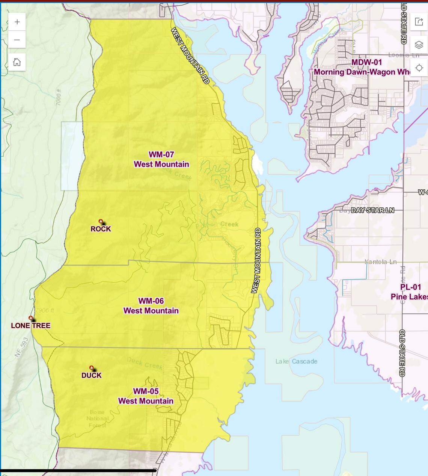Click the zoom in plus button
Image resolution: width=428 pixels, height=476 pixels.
tap(17, 22)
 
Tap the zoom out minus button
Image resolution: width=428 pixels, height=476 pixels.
tap(17, 40)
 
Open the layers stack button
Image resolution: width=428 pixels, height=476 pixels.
tap(419, 45)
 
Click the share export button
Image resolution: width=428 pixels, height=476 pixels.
tap(419, 21)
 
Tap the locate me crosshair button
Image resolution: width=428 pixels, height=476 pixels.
tap(419, 68)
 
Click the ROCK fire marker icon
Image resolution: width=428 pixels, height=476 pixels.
tap(101, 222)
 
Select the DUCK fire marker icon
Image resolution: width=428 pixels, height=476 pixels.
tap(91, 368)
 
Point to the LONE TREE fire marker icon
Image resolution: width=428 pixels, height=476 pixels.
tap(31, 318)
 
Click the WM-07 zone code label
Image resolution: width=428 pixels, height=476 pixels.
tap(161, 154)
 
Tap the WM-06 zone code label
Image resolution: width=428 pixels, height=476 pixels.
tap(151, 301)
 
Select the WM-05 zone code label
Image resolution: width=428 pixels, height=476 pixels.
tap(146, 391)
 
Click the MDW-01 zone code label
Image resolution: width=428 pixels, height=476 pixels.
tap(366, 62)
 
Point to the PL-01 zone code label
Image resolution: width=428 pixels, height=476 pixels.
tap(410, 287)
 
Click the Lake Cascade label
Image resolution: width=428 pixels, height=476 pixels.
tap(296, 361)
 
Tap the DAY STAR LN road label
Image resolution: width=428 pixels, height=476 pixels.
tap(372, 210)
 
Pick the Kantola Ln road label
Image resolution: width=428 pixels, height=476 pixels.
tap(380, 262)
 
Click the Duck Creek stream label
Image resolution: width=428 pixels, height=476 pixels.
tap(145, 363)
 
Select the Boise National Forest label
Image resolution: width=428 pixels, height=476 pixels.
tap(97, 419)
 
